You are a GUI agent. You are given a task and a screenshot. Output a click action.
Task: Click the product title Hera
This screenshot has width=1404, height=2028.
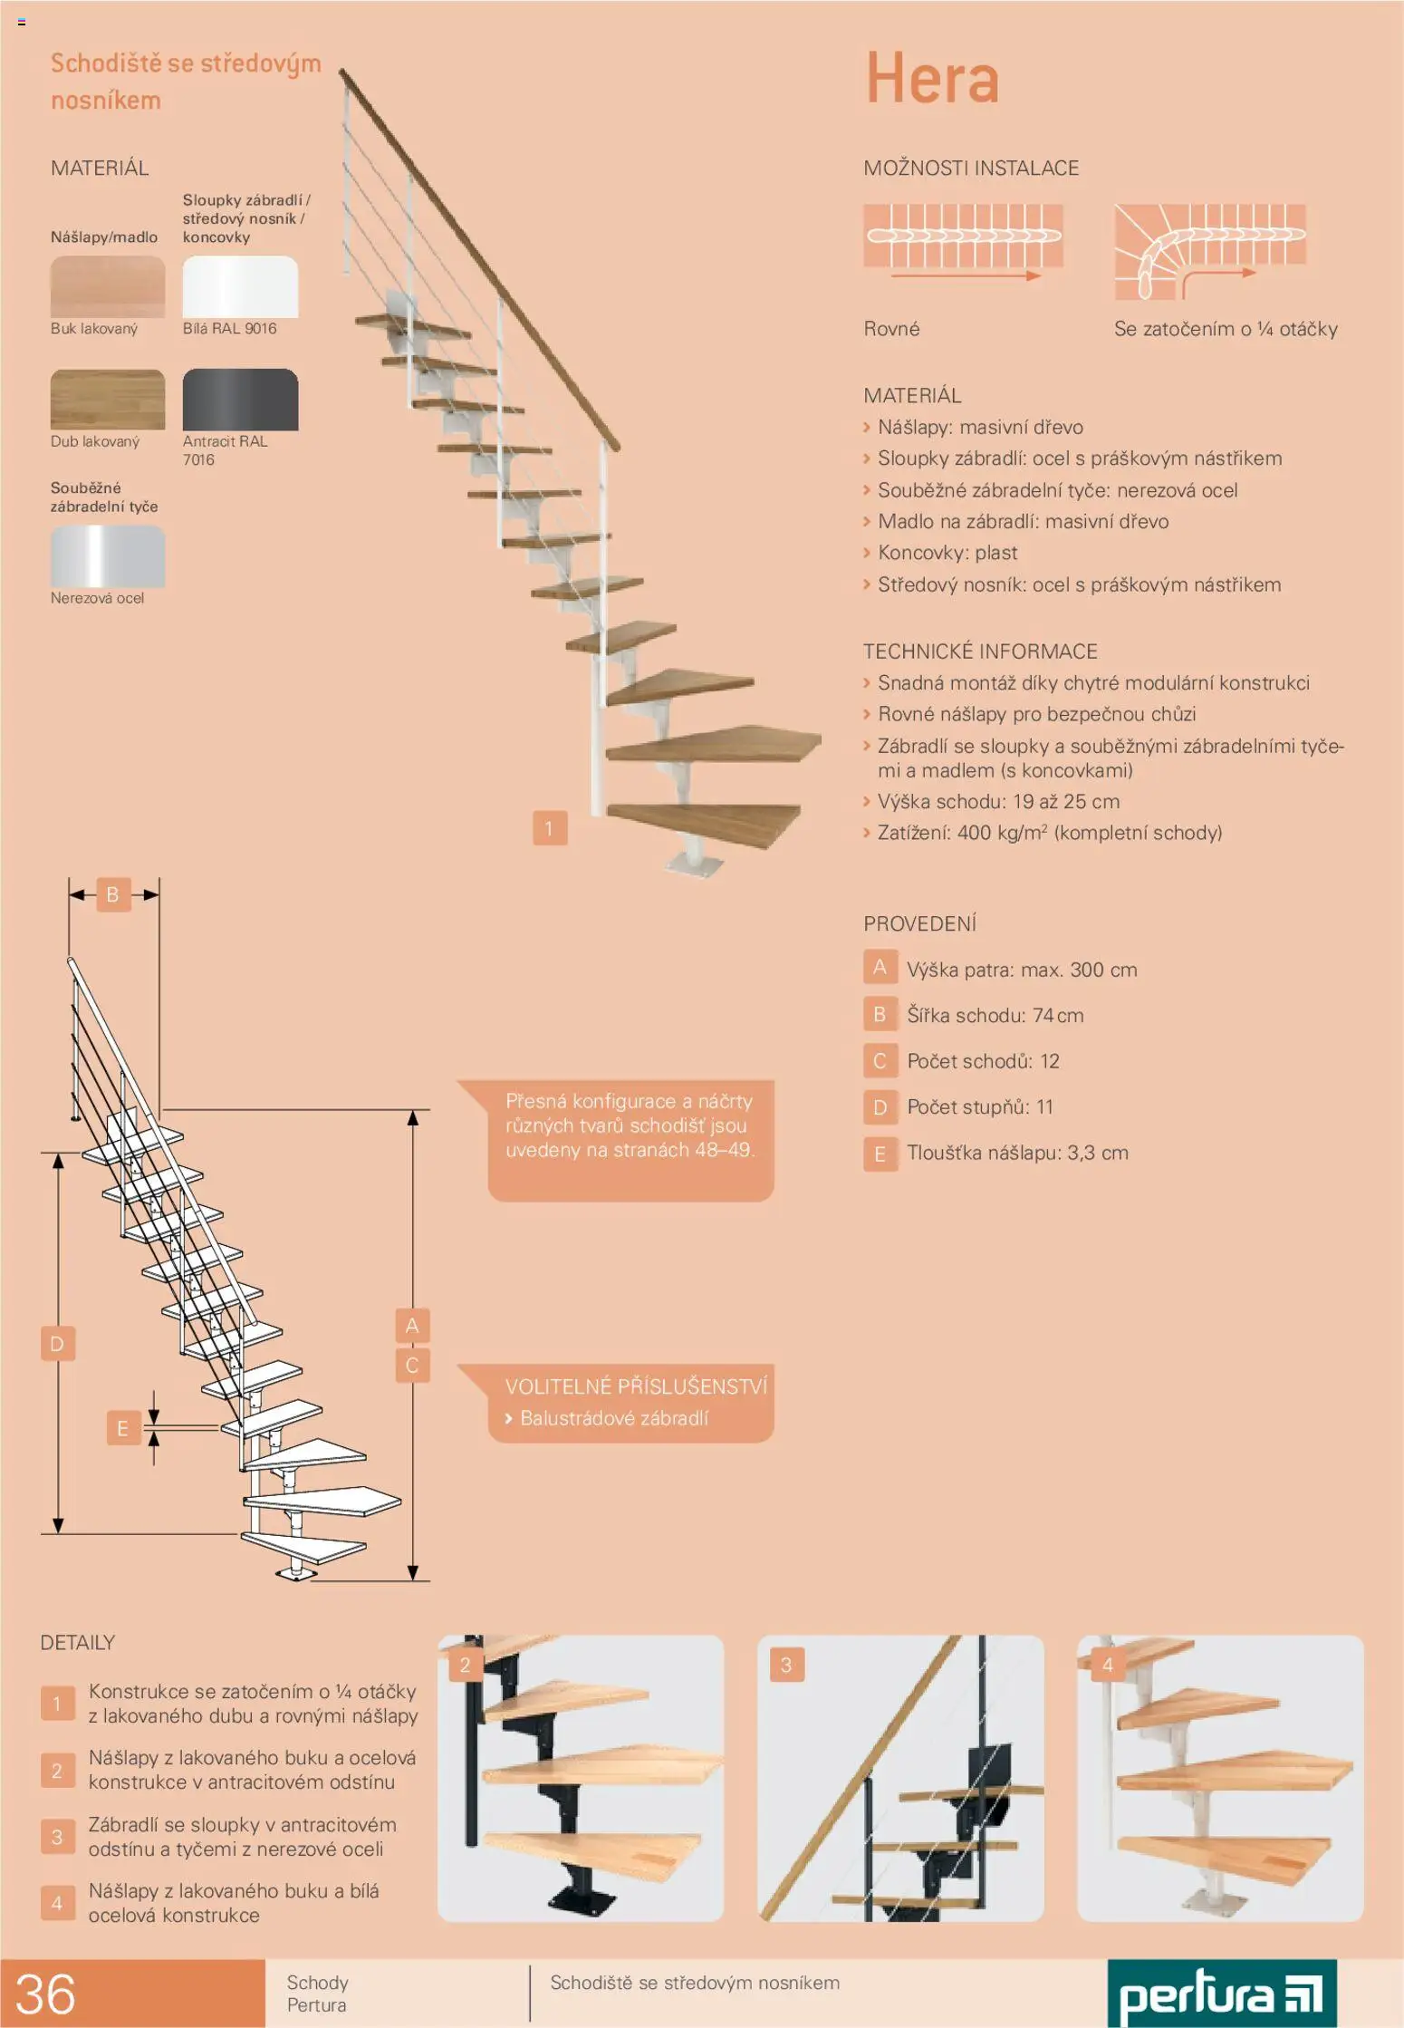932,78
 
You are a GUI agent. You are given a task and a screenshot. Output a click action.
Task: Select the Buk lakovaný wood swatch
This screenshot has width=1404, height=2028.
108,286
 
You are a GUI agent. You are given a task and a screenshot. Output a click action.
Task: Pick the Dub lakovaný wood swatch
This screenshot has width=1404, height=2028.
108,400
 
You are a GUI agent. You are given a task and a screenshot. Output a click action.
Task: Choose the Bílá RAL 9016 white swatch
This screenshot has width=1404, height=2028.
240,286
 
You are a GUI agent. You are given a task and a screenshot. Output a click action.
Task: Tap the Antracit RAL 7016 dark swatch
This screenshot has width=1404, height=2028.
240,400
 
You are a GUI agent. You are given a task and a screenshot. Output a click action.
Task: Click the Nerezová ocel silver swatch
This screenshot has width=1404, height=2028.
108,556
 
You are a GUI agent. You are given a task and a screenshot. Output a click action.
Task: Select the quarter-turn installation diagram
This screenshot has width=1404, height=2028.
1210,251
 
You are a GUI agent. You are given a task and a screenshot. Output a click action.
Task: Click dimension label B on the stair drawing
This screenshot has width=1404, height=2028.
113,894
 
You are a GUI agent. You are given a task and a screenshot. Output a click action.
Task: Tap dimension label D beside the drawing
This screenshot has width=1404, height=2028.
57,1343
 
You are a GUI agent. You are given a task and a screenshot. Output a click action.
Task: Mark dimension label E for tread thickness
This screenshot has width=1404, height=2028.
122,1428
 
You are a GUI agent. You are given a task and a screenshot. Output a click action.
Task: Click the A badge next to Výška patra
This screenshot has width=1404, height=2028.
880,968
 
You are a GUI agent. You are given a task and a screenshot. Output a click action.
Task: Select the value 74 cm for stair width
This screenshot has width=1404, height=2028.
1058,1016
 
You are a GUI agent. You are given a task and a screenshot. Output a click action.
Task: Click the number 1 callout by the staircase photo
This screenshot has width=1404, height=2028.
550,828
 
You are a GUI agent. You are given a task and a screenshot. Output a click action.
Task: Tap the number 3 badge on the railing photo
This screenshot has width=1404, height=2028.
786,1665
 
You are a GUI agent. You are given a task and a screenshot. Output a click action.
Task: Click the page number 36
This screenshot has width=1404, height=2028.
45,1994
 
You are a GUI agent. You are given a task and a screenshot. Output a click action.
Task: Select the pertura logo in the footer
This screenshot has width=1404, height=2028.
1222,1994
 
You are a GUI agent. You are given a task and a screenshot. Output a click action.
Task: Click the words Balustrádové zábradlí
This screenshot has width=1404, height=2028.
614,1418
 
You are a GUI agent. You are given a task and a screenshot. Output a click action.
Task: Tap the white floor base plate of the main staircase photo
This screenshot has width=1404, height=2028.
695,864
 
